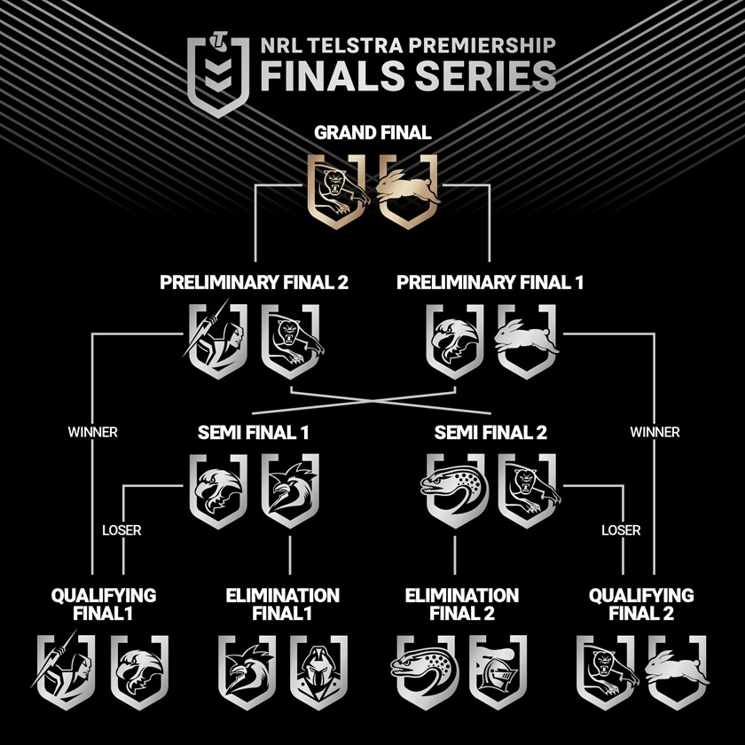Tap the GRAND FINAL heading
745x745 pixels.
372,134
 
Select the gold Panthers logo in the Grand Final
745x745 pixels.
337,189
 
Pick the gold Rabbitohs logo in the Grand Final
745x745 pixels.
409,189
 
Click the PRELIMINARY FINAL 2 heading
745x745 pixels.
254,284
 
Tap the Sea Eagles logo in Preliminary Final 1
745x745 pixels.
454,341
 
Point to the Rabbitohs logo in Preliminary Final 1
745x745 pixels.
527,341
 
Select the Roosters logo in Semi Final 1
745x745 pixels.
290,490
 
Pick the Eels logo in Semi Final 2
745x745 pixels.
453,490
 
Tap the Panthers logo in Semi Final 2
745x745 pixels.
527,490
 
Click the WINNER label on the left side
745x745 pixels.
92,433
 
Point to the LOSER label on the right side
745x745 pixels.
621,531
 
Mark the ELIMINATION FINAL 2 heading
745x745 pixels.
461,603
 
